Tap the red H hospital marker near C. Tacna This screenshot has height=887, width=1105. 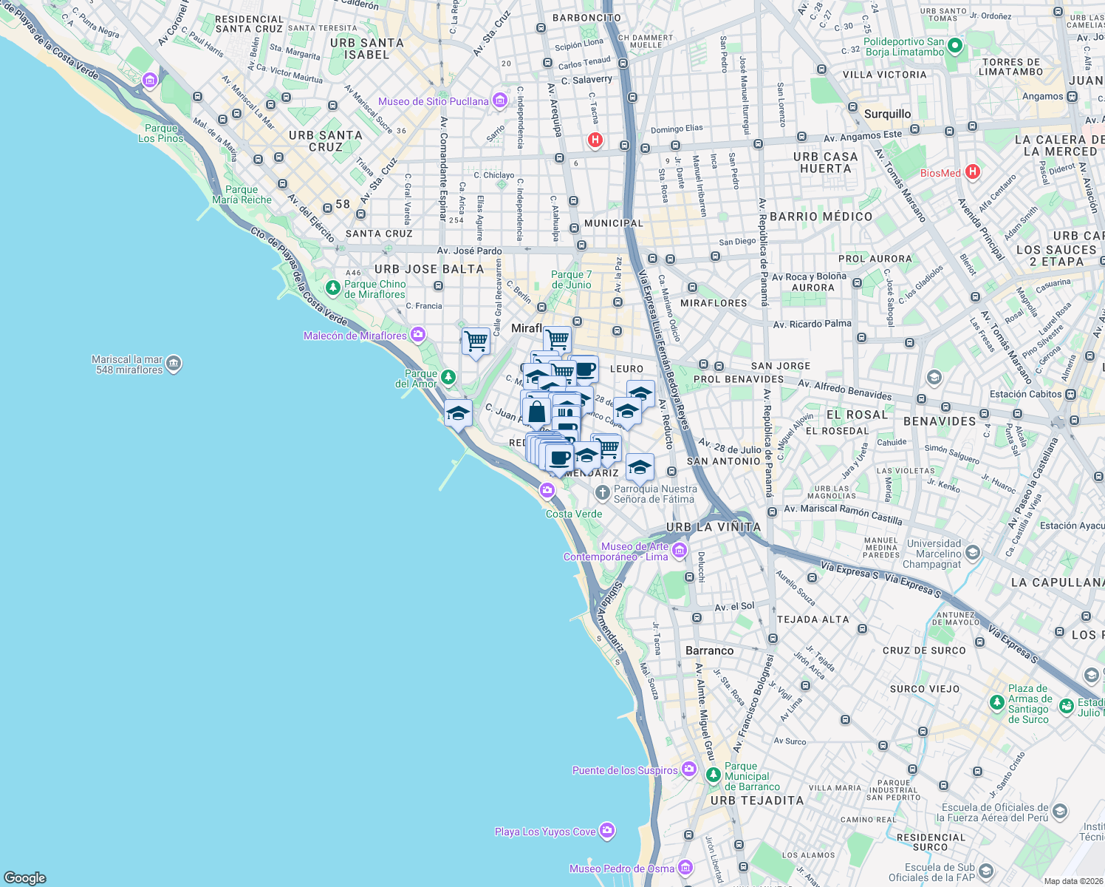point(595,140)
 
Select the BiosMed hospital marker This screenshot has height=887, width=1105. point(972,172)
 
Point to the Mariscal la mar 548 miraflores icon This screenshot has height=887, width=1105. point(174,364)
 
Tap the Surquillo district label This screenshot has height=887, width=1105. point(887,114)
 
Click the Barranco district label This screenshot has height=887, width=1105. point(709,650)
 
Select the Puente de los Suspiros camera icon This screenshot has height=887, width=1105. point(688,769)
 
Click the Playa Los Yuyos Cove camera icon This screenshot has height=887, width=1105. point(607,831)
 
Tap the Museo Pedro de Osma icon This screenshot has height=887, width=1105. point(685,868)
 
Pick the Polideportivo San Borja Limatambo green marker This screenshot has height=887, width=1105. point(954,47)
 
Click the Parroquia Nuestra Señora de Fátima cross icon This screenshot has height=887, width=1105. point(603,493)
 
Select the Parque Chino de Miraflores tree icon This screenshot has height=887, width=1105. point(333,288)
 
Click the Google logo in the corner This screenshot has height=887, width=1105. point(24,877)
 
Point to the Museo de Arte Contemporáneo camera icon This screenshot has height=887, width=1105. point(680,551)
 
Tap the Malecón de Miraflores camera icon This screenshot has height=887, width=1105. point(418,335)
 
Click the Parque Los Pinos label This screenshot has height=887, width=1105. point(161,133)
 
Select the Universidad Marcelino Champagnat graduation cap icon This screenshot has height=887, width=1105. point(973,553)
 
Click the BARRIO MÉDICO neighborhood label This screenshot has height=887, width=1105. point(821,217)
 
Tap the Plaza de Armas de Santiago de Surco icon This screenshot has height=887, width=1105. point(1066,705)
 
